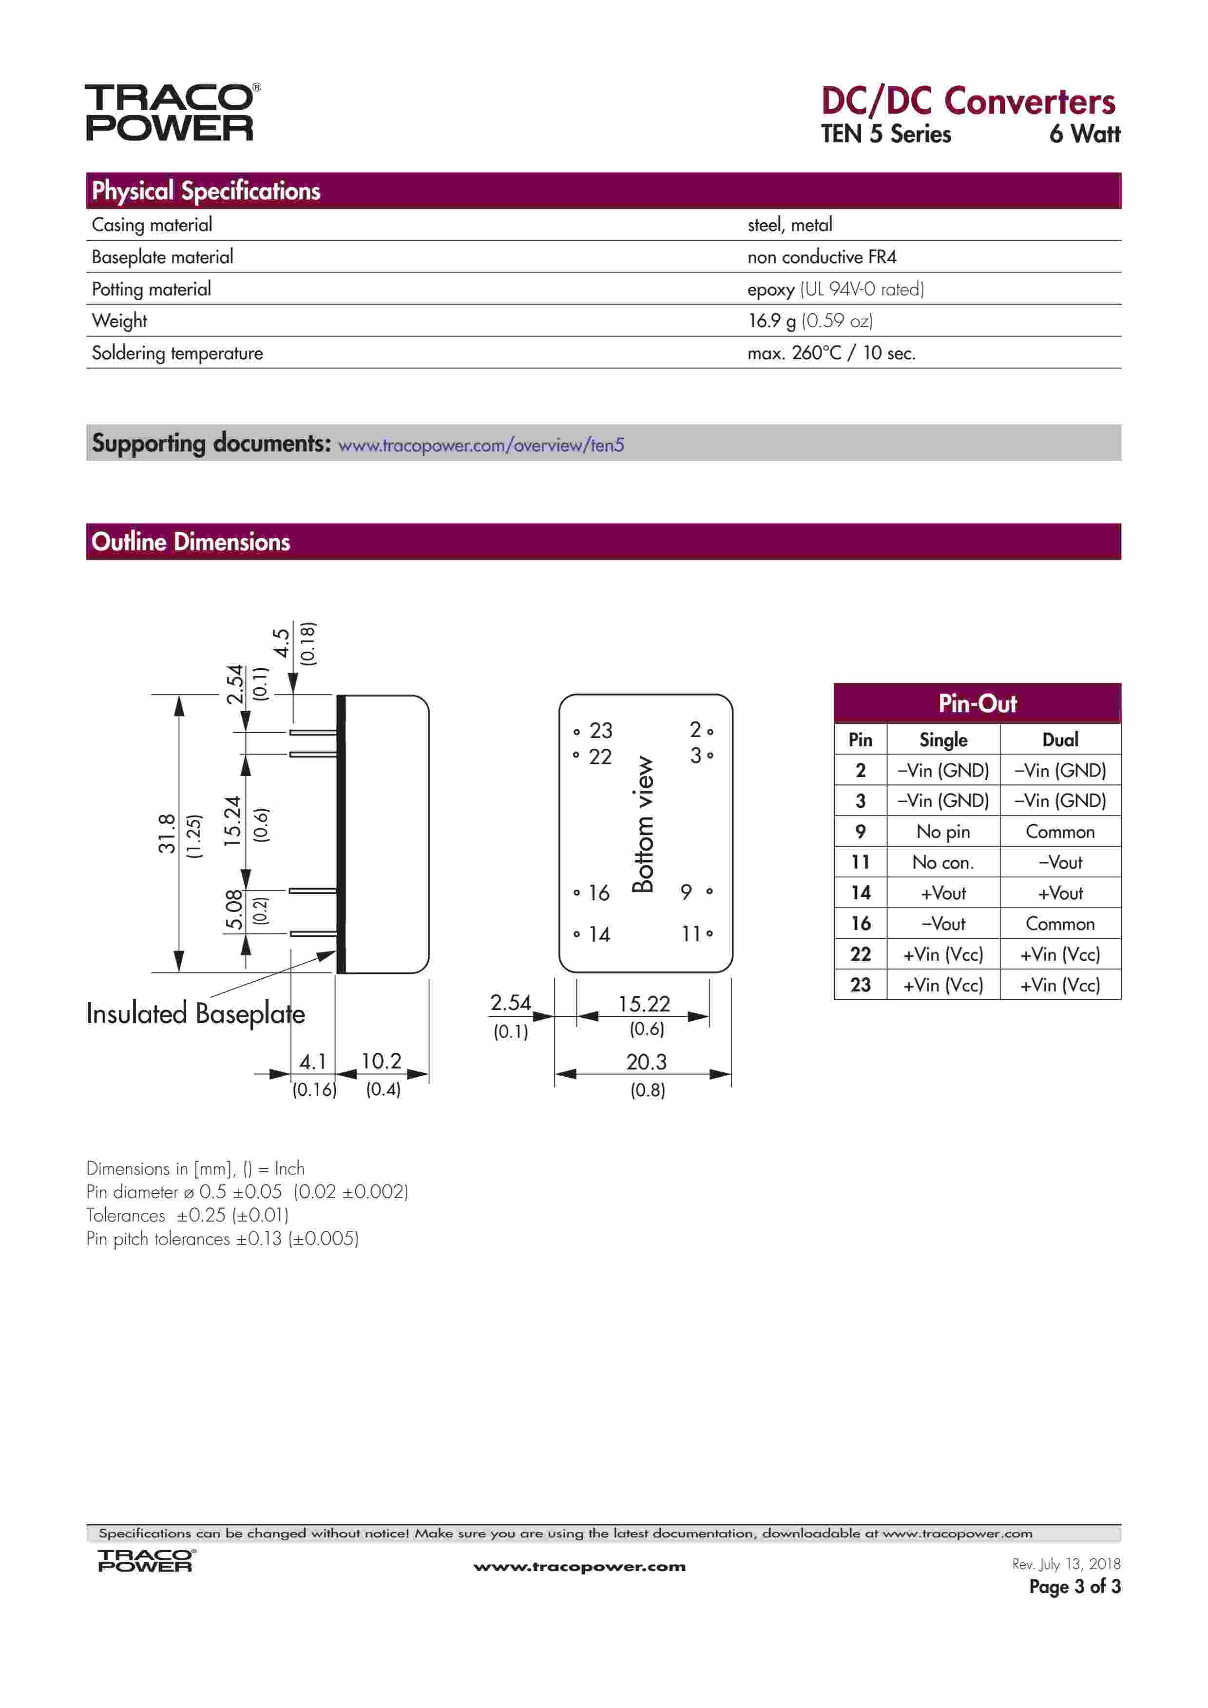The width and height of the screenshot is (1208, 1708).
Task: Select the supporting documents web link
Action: [480, 445]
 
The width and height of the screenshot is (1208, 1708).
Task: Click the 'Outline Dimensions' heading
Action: [191, 542]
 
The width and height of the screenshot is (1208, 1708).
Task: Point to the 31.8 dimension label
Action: [167, 833]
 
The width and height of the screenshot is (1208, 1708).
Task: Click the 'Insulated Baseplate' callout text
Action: [195, 1014]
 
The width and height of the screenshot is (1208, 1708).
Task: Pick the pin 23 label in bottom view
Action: [600, 731]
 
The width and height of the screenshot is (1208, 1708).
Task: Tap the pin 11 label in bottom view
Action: [691, 933]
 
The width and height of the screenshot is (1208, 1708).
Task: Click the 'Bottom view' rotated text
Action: [643, 824]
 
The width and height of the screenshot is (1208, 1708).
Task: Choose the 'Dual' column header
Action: [1060, 739]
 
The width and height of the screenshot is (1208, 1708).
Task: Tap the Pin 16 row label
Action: [860, 923]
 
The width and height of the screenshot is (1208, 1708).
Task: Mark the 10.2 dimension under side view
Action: [381, 1061]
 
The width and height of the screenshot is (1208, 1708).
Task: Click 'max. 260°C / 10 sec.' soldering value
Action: [831, 352]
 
